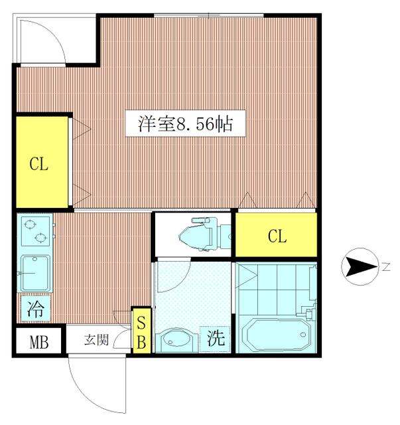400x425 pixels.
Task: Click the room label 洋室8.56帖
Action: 186,124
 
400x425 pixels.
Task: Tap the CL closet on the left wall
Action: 42,162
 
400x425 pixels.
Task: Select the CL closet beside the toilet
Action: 276,234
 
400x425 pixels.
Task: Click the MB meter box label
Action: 39,342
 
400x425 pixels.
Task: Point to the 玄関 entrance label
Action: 96,339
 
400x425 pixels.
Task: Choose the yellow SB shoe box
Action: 141,331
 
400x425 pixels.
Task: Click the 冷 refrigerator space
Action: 35,309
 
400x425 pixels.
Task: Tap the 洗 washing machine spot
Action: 216,339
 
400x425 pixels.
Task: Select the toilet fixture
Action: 205,234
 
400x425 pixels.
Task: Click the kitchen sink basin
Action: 35,273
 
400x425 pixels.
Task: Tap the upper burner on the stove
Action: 30,224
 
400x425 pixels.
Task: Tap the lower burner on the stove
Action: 40,238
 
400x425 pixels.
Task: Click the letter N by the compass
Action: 386,267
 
